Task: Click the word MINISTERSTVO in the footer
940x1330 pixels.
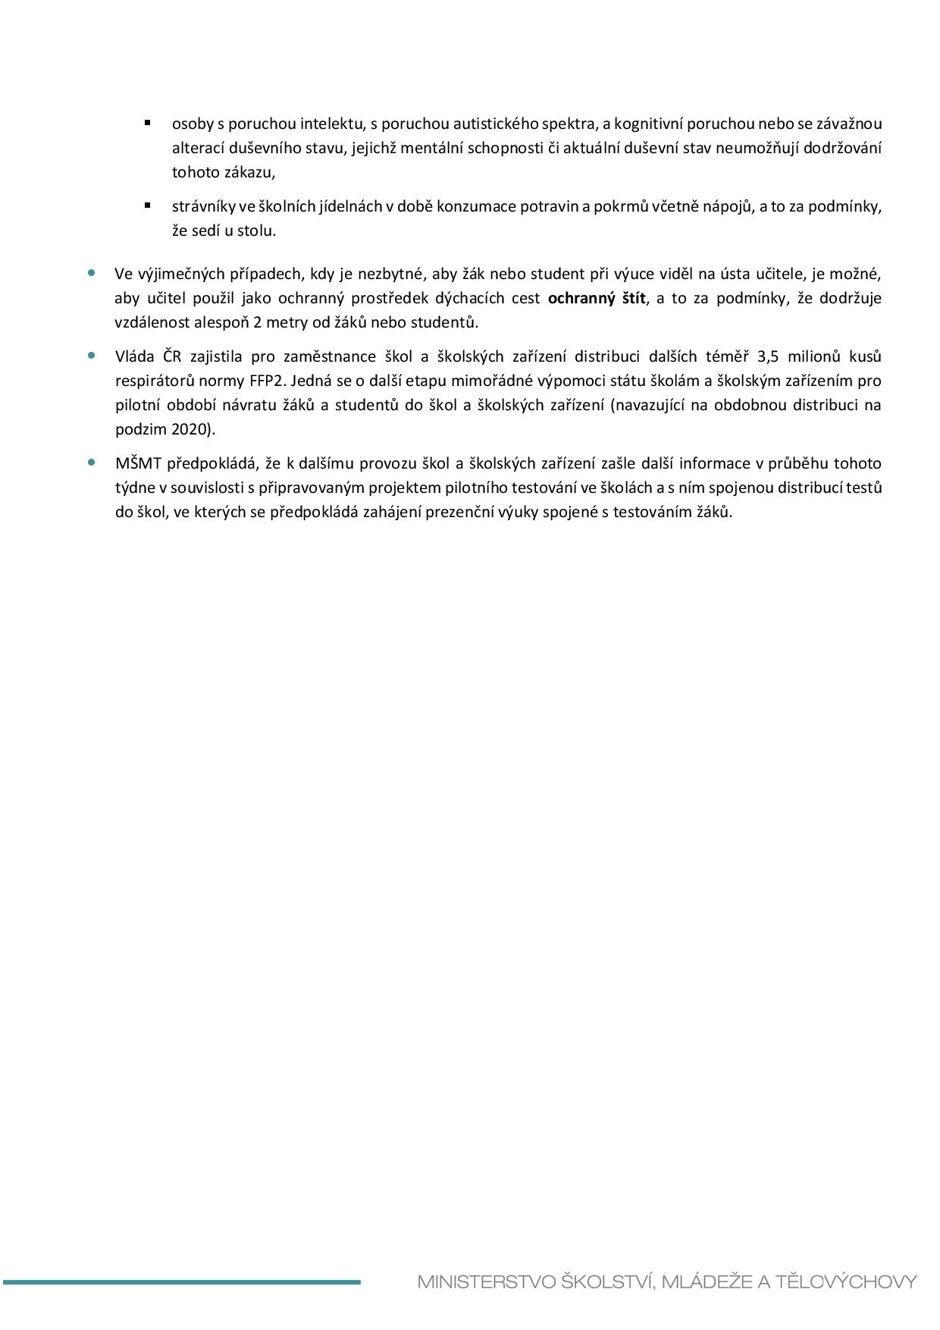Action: pos(486,1282)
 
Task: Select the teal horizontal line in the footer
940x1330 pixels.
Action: pos(182,1282)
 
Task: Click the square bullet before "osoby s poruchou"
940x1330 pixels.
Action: pos(147,122)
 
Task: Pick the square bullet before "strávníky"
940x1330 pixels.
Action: pos(147,205)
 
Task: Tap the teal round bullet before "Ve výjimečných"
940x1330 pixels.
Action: pos(92,272)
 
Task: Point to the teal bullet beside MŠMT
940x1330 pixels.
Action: pos(92,463)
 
